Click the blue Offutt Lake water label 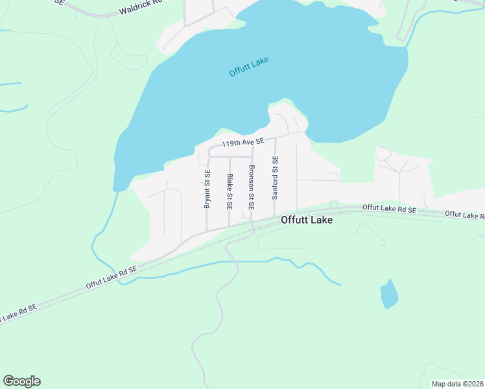[249, 67]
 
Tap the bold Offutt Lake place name [307, 220]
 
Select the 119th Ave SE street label [243, 142]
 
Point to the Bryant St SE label [207, 189]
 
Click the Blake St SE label [229, 192]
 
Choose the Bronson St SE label [251, 188]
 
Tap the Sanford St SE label [275, 177]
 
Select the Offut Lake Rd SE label [112, 277]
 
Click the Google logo [21, 381]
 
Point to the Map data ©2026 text [456, 384]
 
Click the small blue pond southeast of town [388, 294]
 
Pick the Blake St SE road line [229, 217]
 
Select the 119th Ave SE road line [285, 136]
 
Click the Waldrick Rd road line [91, 14]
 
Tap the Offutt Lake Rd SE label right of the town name [389, 208]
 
